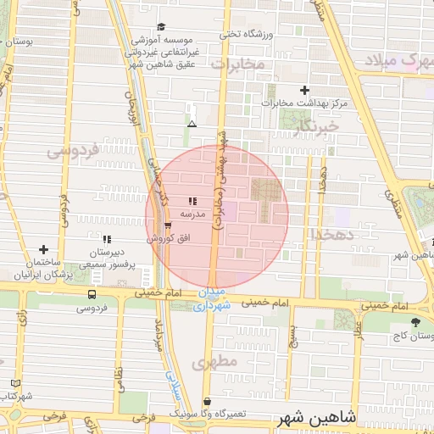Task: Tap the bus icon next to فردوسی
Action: coord(92,294)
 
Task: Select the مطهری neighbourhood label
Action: coord(211,363)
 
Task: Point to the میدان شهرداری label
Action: coord(211,300)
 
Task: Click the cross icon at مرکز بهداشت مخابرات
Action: coord(305,90)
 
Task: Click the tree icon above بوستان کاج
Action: coord(415,322)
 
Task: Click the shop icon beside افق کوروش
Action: coord(167,225)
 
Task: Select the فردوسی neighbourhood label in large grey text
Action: coord(71,151)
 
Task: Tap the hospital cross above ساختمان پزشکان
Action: coord(43,250)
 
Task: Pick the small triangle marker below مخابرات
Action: coord(192,124)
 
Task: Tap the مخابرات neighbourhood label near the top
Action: coord(238,64)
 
